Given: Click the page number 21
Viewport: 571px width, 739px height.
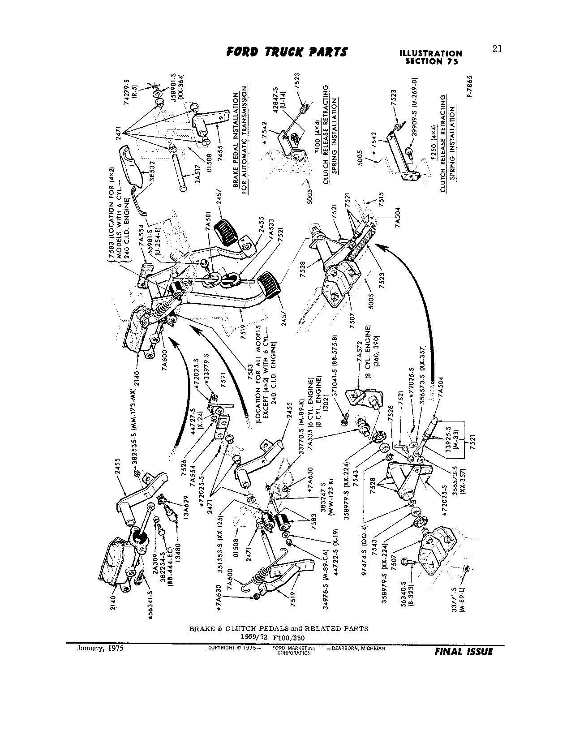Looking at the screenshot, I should click(497, 49).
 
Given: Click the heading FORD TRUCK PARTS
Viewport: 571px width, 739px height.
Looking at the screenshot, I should click(287, 52).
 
